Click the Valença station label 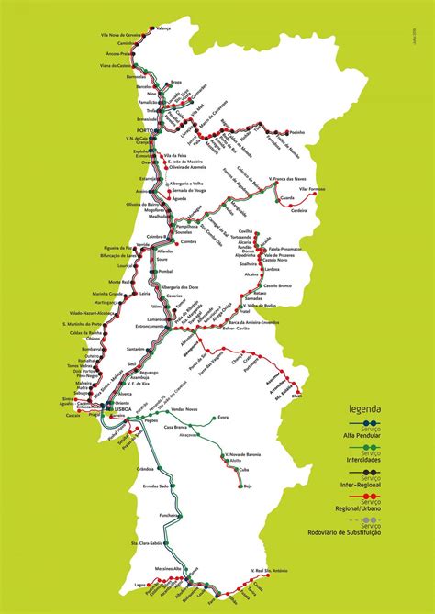[164, 28]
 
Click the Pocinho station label [296, 132]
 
